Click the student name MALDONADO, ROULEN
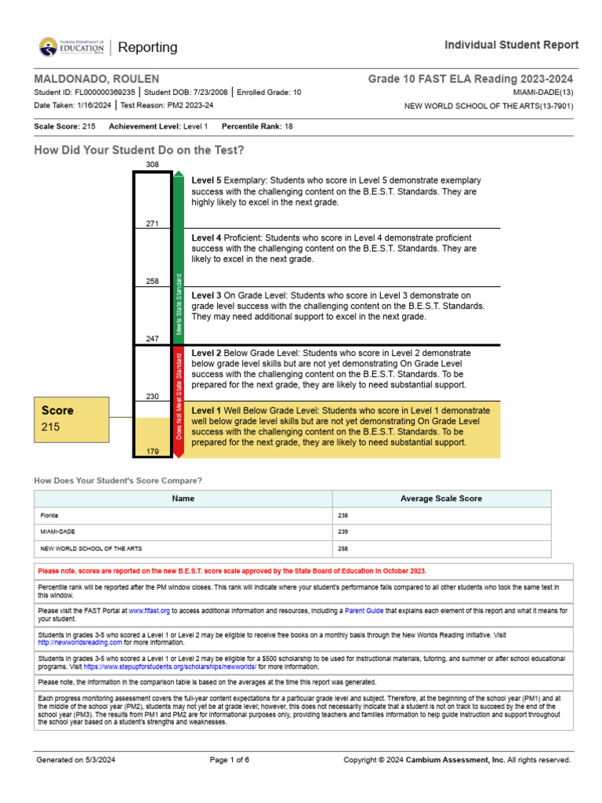pyautogui.click(x=96, y=79)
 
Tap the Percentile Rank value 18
pyautogui.click(x=288, y=126)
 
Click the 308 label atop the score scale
pyautogui.click(x=152, y=165)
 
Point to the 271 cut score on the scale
pyautogui.click(x=152, y=224)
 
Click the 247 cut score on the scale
pyautogui.click(x=152, y=339)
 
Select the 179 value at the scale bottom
pyautogui.click(x=152, y=451)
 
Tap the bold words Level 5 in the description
pyautogui.click(x=207, y=180)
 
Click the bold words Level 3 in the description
pyautogui.click(x=207, y=295)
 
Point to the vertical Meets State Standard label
pyautogui.click(x=179, y=304)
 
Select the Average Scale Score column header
pyautogui.click(x=441, y=498)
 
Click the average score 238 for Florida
pyautogui.click(x=343, y=515)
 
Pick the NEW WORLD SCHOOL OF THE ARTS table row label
pyautogui.click(x=91, y=548)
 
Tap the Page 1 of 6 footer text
pyautogui.click(x=230, y=760)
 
